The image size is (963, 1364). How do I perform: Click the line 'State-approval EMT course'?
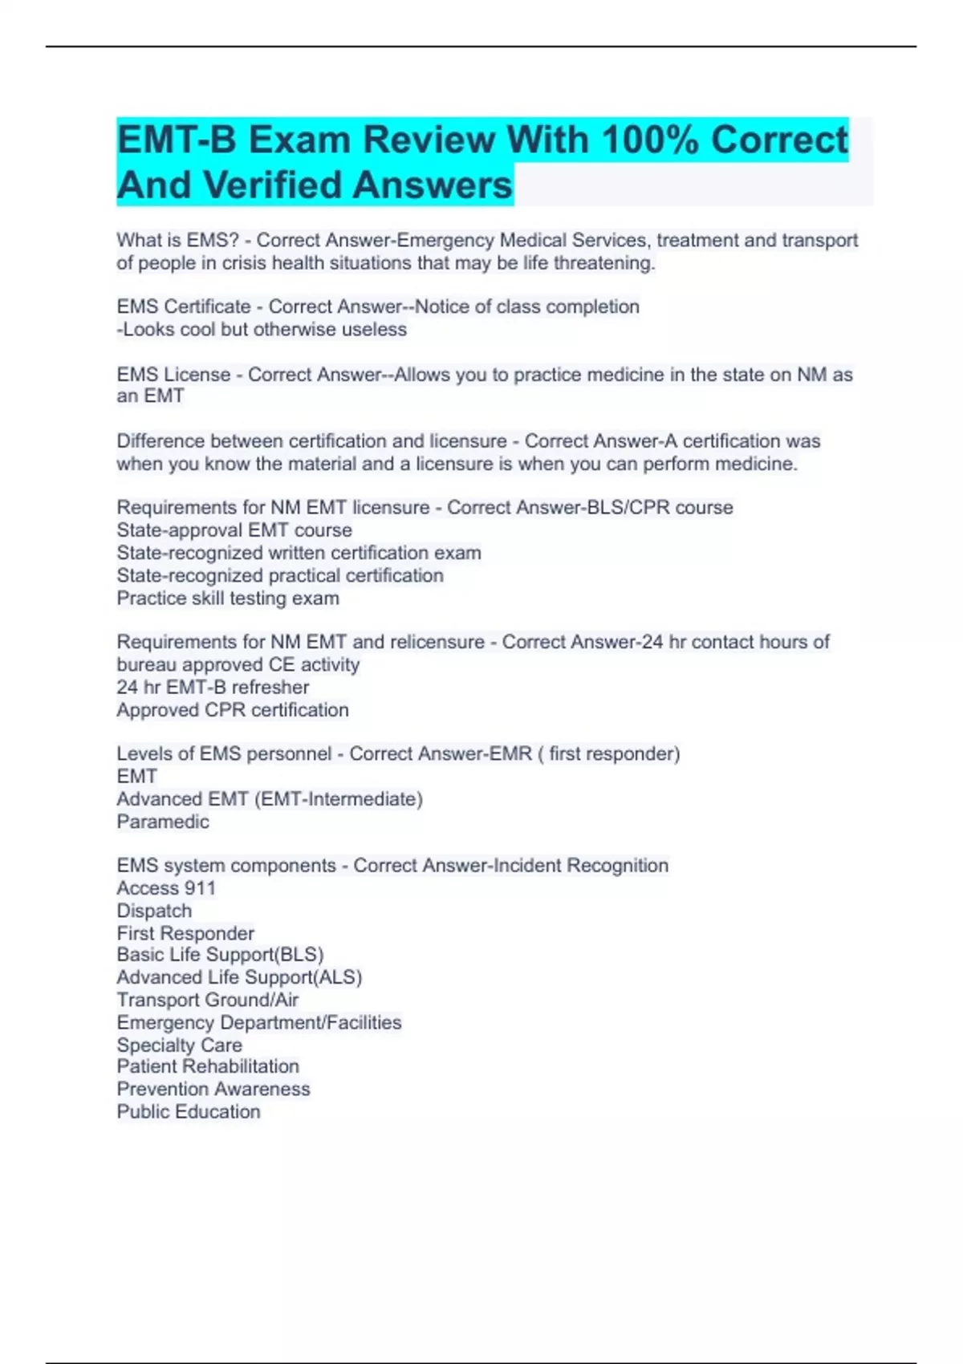234,530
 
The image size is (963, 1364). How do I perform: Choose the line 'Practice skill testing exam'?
228,599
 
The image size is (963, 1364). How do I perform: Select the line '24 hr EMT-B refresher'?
213,688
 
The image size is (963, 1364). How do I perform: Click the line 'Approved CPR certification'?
233,710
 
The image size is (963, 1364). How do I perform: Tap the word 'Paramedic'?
163,822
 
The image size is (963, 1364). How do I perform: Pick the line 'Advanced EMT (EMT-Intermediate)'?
270,799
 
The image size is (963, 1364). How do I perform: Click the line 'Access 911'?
166,888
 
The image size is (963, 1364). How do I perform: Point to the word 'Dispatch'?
154,911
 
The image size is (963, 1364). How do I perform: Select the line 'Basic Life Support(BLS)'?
220,955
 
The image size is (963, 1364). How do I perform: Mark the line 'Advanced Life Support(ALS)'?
239,977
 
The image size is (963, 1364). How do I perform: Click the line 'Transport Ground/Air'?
207,1000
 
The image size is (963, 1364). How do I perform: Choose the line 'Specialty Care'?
179,1045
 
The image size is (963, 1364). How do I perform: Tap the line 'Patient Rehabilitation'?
208,1066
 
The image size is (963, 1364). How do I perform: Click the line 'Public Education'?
189,1112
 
